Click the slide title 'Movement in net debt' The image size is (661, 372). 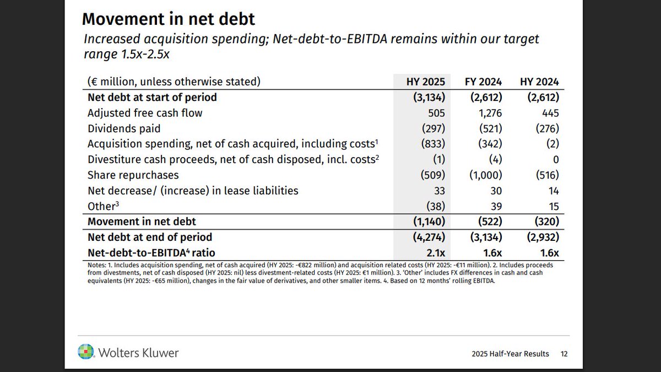point(168,19)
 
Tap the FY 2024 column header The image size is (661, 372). point(483,82)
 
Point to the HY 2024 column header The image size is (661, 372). point(539,82)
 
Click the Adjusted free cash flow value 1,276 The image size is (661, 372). point(487,113)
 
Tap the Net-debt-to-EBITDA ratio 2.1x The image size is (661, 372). point(436,253)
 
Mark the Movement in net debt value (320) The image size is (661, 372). point(543,222)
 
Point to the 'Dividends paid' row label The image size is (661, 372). point(124,128)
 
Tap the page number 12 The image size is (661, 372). point(564,354)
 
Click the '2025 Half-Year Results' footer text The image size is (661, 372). point(510,354)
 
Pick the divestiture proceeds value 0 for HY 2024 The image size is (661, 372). point(555,160)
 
